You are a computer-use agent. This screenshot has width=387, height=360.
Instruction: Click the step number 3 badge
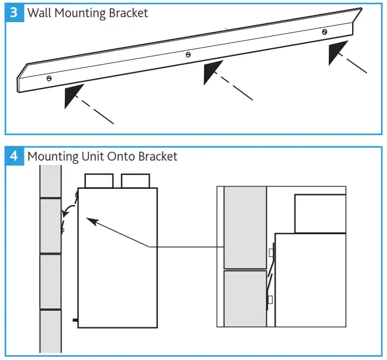point(14,12)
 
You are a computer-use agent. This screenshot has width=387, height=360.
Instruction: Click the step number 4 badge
point(14,156)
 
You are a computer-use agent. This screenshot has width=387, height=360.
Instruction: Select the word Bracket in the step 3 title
point(129,13)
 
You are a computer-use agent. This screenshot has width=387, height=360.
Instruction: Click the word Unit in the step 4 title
point(92,157)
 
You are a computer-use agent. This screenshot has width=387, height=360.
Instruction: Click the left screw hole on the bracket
point(49,79)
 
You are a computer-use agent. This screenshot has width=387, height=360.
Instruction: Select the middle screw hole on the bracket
point(189,54)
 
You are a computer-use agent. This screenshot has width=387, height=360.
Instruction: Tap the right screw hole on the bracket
point(324,32)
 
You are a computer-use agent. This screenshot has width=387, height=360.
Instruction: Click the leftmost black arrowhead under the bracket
point(73,95)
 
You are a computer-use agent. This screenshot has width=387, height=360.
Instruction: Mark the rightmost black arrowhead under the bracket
point(338,52)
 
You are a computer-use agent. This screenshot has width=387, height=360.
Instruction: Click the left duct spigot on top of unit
point(99,181)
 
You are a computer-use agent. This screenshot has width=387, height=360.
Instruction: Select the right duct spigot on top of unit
point(135,181)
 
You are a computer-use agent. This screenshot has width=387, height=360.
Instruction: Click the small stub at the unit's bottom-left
point(74,320)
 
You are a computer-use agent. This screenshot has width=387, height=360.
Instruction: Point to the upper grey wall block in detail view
point(245,227)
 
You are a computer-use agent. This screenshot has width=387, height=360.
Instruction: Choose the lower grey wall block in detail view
point(245,298)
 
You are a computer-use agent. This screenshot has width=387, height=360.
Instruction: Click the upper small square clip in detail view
point(271,253)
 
